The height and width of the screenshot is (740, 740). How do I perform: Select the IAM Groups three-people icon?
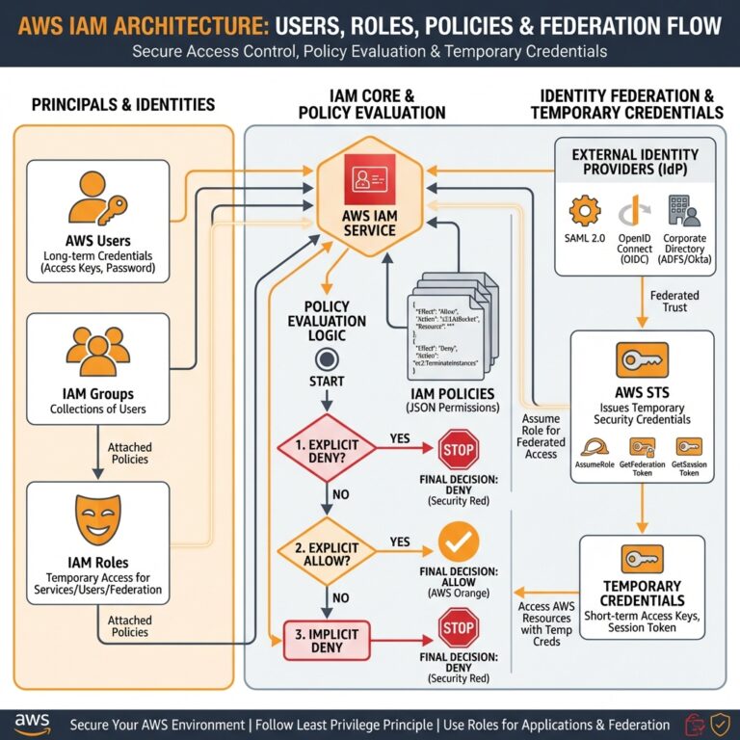coord(97,352)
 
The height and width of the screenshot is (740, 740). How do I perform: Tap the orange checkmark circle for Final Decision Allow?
coord(457,544)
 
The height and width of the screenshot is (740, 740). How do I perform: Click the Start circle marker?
coord(326,359)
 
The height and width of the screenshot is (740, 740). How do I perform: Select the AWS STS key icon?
coord(641,361)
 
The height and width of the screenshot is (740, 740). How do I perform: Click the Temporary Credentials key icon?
coord(641,559)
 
